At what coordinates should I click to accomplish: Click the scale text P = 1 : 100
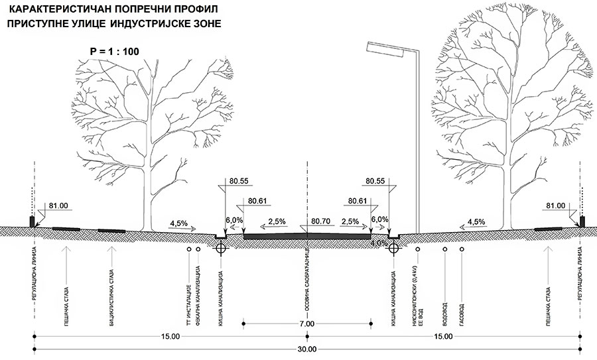114,51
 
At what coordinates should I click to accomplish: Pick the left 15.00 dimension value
170,337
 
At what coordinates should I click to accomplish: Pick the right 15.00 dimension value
444,337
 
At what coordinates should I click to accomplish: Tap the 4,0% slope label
379,243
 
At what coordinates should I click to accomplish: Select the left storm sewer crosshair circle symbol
221,248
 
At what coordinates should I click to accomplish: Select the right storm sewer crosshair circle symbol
393,248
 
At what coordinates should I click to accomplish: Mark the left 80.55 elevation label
239,180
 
